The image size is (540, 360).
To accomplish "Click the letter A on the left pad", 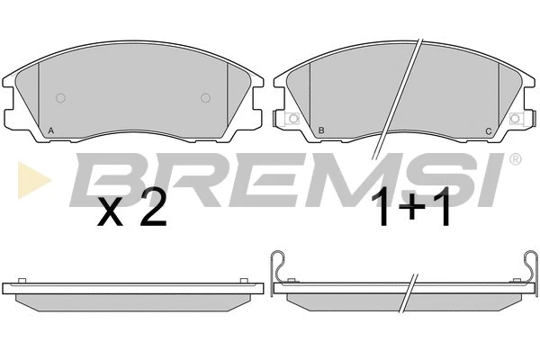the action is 51,130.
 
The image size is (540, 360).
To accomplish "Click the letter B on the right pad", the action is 321,130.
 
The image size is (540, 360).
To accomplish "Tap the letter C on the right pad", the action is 489,131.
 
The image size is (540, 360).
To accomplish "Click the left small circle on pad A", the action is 60,98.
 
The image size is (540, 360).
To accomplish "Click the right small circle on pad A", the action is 205,98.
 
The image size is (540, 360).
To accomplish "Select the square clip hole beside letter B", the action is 293,119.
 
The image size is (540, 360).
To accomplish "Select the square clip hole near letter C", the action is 515,119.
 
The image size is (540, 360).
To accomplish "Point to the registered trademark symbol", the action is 515,159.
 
